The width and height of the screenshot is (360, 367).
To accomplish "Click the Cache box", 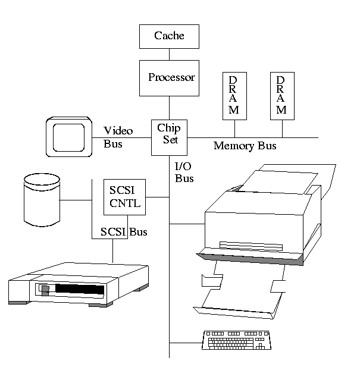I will click(169, 36).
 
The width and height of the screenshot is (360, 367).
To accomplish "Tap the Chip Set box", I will click(168, 136).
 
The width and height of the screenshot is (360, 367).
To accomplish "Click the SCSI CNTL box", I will click(125, 197).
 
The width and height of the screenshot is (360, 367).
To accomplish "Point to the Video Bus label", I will click(118, 137).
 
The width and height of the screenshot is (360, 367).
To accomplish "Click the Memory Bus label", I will click(245, 146).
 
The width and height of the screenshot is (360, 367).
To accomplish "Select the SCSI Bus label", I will click(124, 231).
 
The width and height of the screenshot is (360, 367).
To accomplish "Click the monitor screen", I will click(69, 137).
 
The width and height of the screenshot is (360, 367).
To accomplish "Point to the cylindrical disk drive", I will click(40, 199).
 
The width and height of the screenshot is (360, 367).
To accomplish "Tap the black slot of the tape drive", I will click(77, 290).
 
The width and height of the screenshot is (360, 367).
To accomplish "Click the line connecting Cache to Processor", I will click(169, 54).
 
